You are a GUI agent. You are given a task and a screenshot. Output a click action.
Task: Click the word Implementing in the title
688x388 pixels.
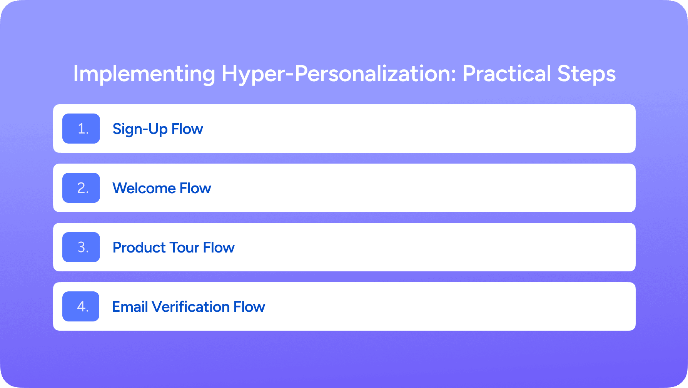[144, 74]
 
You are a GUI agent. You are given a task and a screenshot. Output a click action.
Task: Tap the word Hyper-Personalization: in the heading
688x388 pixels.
[339, 74]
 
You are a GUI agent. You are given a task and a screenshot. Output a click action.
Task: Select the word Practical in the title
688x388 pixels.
[507, 74]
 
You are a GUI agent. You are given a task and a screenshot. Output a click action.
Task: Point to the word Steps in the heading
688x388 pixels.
[586, 74]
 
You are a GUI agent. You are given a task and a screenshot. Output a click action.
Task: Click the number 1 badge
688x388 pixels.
[81, 129]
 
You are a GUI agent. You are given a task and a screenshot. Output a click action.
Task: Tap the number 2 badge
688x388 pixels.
[81, 188]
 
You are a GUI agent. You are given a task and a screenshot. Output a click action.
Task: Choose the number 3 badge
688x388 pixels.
[81, 247]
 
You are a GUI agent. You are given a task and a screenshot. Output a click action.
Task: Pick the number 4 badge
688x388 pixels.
[81, 306]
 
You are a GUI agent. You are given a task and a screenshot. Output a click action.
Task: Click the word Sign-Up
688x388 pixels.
[140, 129]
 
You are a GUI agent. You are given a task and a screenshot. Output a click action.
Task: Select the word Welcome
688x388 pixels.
[144, 188]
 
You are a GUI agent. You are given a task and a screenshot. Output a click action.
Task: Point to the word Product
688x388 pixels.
[139, 248]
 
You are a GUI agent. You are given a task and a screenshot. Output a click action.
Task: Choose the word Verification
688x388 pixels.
[191, 307]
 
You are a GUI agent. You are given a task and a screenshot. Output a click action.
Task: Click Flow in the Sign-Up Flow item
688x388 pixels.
[187, 129]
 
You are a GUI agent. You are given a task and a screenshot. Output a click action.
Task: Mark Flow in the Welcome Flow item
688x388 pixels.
[195, 188]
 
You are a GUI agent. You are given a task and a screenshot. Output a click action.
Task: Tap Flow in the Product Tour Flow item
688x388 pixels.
[219, 248]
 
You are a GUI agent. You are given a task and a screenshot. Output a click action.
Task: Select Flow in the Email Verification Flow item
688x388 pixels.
[249, 307]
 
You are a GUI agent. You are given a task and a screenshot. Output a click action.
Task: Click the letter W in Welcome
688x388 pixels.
[120, 188]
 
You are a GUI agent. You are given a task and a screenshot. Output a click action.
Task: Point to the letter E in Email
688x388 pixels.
[116, 307]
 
